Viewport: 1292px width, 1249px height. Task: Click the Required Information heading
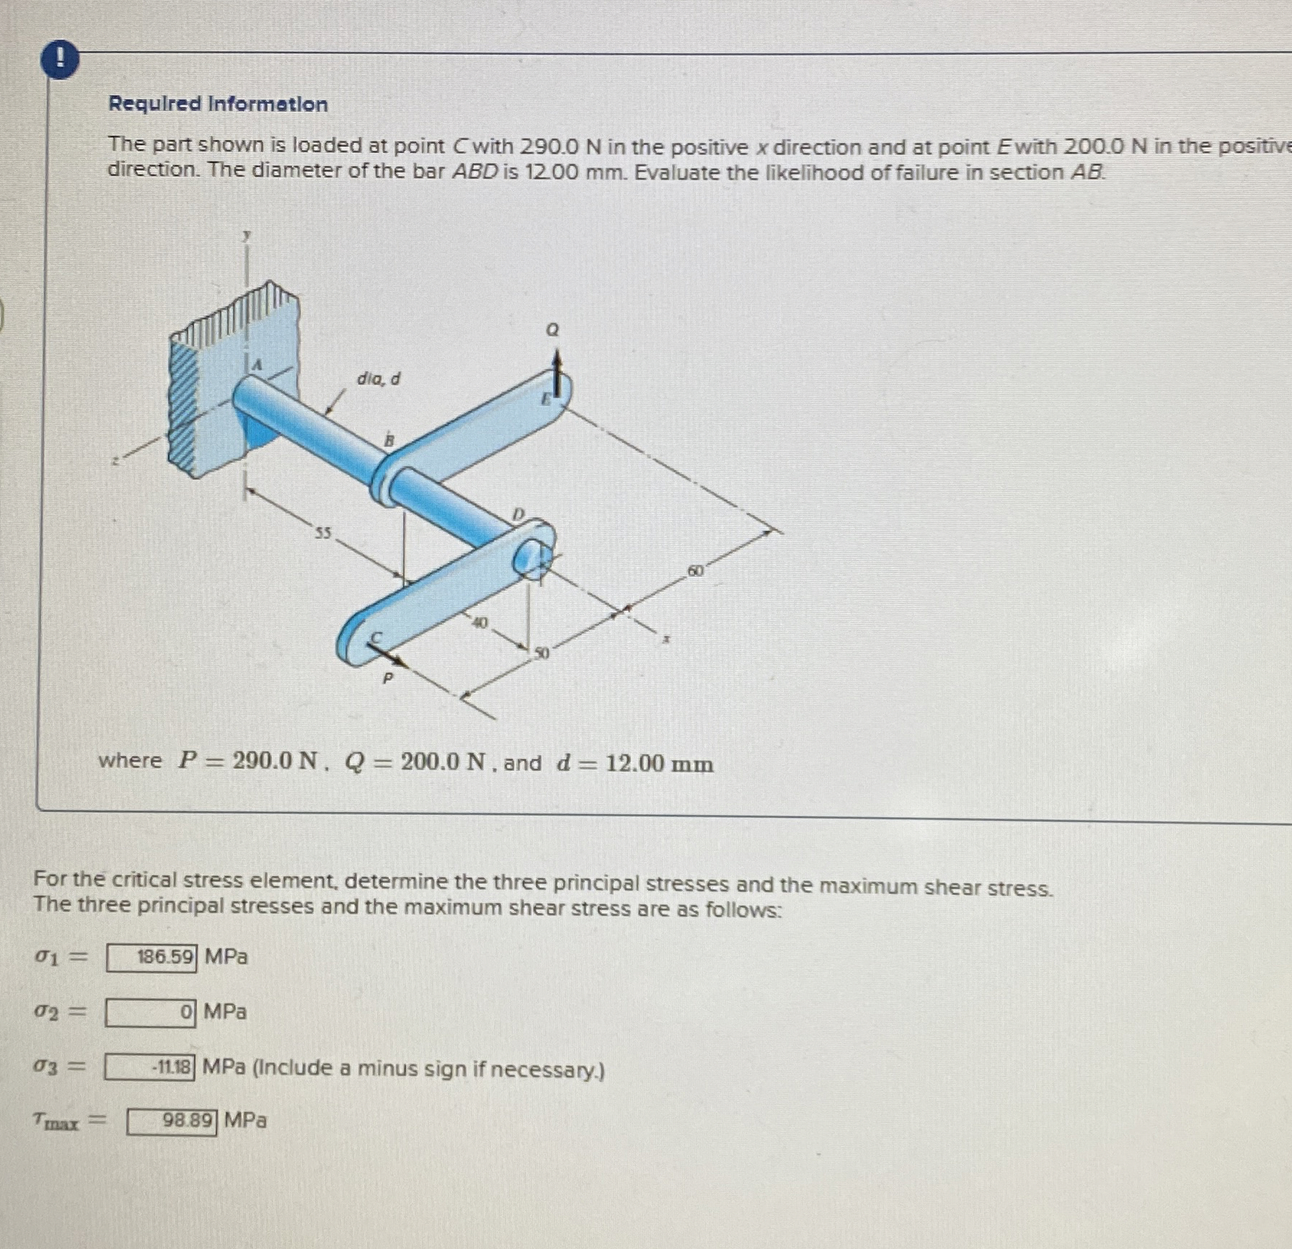tap(218, 105)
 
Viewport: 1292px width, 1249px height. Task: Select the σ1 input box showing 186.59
tap(151, 958)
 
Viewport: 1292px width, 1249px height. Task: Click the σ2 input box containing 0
tap(150, 1013)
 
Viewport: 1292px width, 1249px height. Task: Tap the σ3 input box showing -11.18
tap(149, 1067)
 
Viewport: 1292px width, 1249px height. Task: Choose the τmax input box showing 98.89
tap(172, 1121)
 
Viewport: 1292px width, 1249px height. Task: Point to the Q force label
tap(552, 330)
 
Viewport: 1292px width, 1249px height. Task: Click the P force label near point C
tap(387, 678)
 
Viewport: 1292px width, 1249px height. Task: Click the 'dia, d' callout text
tap(379, 379)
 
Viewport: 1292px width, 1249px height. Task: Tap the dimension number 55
tap(322, 533)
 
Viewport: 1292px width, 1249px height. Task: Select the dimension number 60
tap(695, 570)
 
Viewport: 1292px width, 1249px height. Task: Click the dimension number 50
tap(541, 653)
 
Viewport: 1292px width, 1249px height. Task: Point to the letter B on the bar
tap(389, 438)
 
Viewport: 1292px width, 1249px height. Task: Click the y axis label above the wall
tap(247, 235)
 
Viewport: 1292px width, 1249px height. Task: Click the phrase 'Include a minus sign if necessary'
tap(428, 1069)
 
